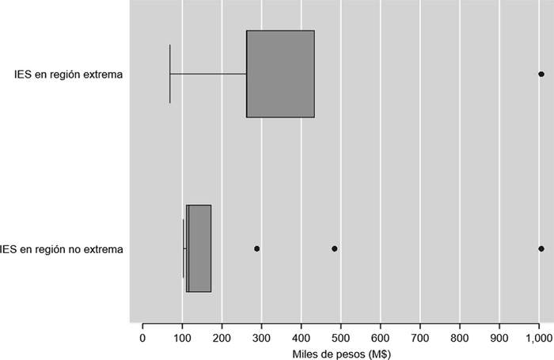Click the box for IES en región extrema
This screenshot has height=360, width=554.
pyautogui.click(x=280, y=74)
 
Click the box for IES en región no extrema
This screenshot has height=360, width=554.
pyautogui.click(x=199, y=248)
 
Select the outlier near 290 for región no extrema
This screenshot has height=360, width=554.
pyautogui.click(x=256, y=248)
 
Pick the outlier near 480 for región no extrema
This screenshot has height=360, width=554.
pyautogui.click(x=334, y=248)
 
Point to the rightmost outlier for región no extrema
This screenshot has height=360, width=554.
pyautogui.click(x=541, y=248)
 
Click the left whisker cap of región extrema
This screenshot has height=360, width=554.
pyautogui.click(x=170, y=74)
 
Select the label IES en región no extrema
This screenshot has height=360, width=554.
pyautogui.click(x=63, y=249)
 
